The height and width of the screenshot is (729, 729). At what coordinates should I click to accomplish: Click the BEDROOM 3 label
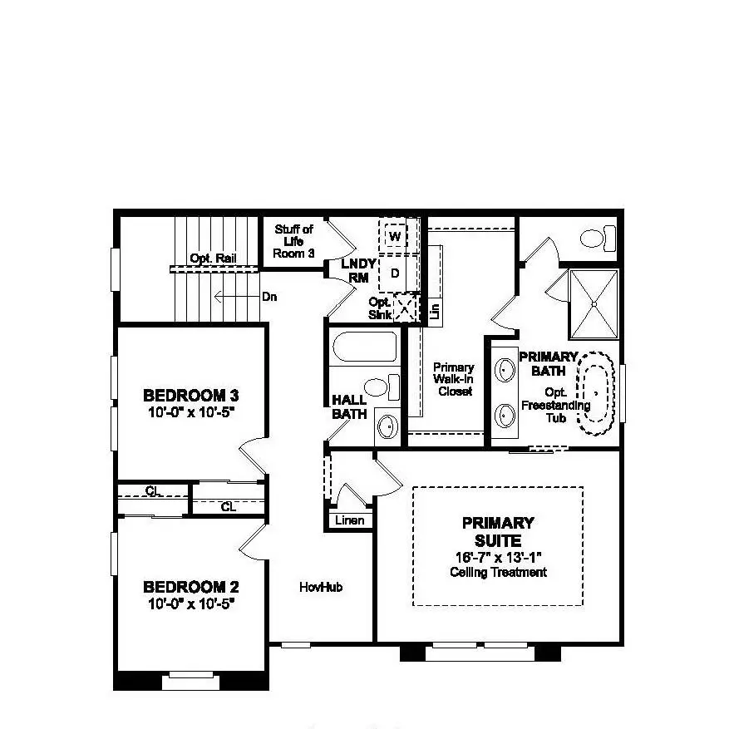pos(184,395)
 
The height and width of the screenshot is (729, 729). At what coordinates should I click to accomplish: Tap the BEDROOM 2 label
pos(184,587)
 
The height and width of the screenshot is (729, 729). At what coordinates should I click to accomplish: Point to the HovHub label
pos(321,587)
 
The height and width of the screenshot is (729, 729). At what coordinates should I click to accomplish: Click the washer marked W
pos(396,236)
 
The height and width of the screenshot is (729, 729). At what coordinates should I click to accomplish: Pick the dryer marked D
pos(395,273)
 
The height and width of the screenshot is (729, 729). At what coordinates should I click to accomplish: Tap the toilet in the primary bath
pos(596,239)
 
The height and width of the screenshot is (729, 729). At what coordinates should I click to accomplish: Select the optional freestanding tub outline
pos(596,394)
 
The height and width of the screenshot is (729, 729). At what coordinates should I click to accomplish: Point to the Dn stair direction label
pos(268,296)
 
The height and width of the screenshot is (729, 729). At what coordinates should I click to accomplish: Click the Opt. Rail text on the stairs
pos(213,259)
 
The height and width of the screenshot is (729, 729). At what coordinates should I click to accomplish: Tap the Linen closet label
pos(349,520)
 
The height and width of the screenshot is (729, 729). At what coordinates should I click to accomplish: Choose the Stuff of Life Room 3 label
pos(293,241)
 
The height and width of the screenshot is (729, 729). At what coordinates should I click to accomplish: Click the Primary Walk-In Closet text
pos(454,379)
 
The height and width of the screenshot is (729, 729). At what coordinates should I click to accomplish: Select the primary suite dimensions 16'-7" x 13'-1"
pos(498,556)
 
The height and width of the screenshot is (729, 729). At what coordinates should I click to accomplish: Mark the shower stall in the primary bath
pos(594,303)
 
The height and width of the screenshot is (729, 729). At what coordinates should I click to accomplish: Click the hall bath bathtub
pos(364,347)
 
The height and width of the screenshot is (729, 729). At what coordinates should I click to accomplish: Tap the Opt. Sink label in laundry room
pos(380,308)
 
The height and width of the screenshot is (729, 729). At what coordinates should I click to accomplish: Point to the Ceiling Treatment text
pos(498,572)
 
